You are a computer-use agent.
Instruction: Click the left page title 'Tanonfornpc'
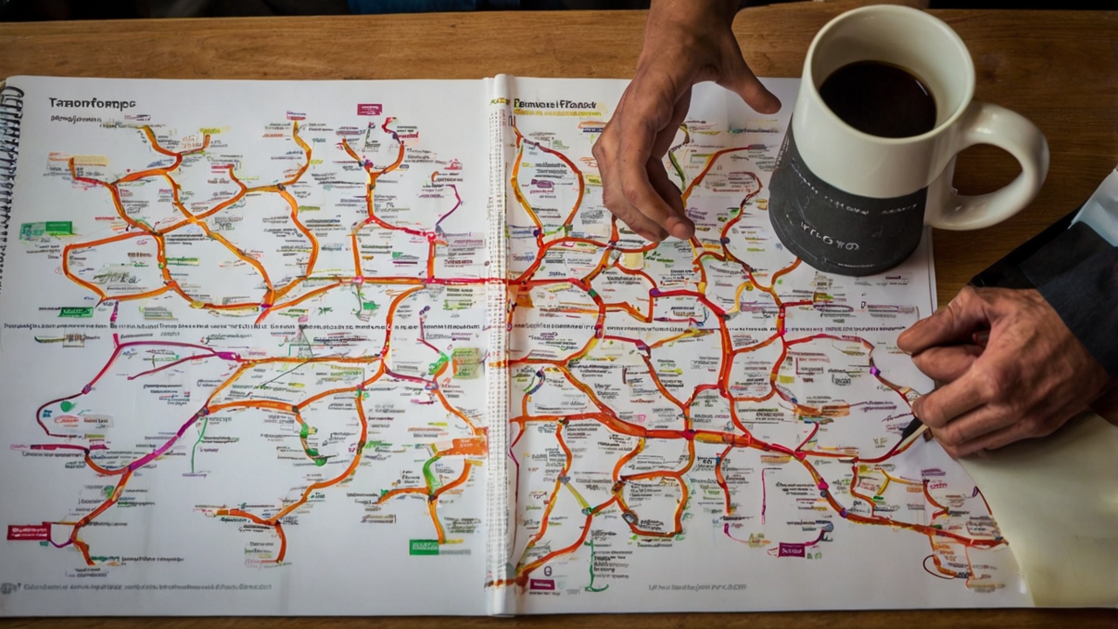92,103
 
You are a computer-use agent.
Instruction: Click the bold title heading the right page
555,105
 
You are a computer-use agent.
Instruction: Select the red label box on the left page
29,531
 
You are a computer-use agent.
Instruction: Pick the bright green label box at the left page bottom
424,547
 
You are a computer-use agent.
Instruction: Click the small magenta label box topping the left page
369,109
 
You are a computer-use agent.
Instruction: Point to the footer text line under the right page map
699,588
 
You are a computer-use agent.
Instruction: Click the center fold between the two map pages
500,349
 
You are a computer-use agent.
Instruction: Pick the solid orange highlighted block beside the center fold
469,446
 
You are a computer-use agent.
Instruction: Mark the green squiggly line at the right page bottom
592,559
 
